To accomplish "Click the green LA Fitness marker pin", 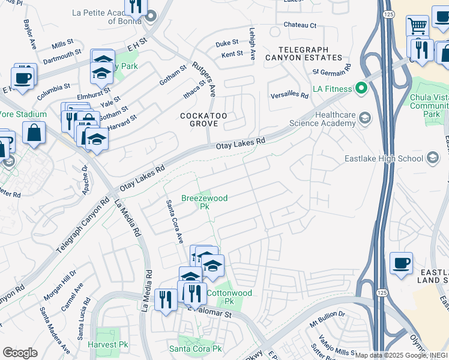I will [x=361, y=89].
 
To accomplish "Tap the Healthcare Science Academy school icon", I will [x=364, y=117].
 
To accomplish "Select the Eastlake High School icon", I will [x=432, y=158].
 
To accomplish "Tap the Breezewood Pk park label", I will [x=205, y=202].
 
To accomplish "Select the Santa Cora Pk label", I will [x=195, y=349].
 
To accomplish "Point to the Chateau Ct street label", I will [x=300, y=25].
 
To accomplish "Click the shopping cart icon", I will [x=417, y=26].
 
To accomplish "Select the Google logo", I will [x=20, y=353].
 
